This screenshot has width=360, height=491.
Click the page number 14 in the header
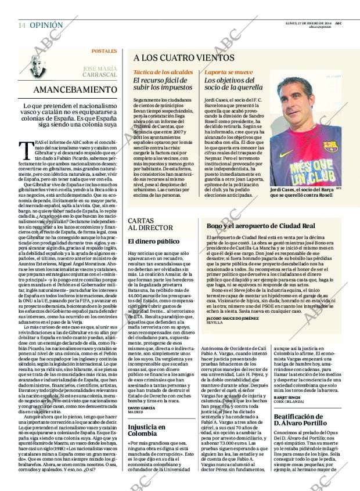pos(21,26)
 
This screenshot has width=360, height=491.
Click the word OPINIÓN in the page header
pos(46,26)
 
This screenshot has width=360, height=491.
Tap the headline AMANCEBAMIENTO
pos(75,90)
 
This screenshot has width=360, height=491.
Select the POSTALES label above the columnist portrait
pos(104,51)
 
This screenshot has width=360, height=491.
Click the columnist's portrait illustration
pos(48,65)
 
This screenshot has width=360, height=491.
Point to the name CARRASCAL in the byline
pos(99,75)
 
